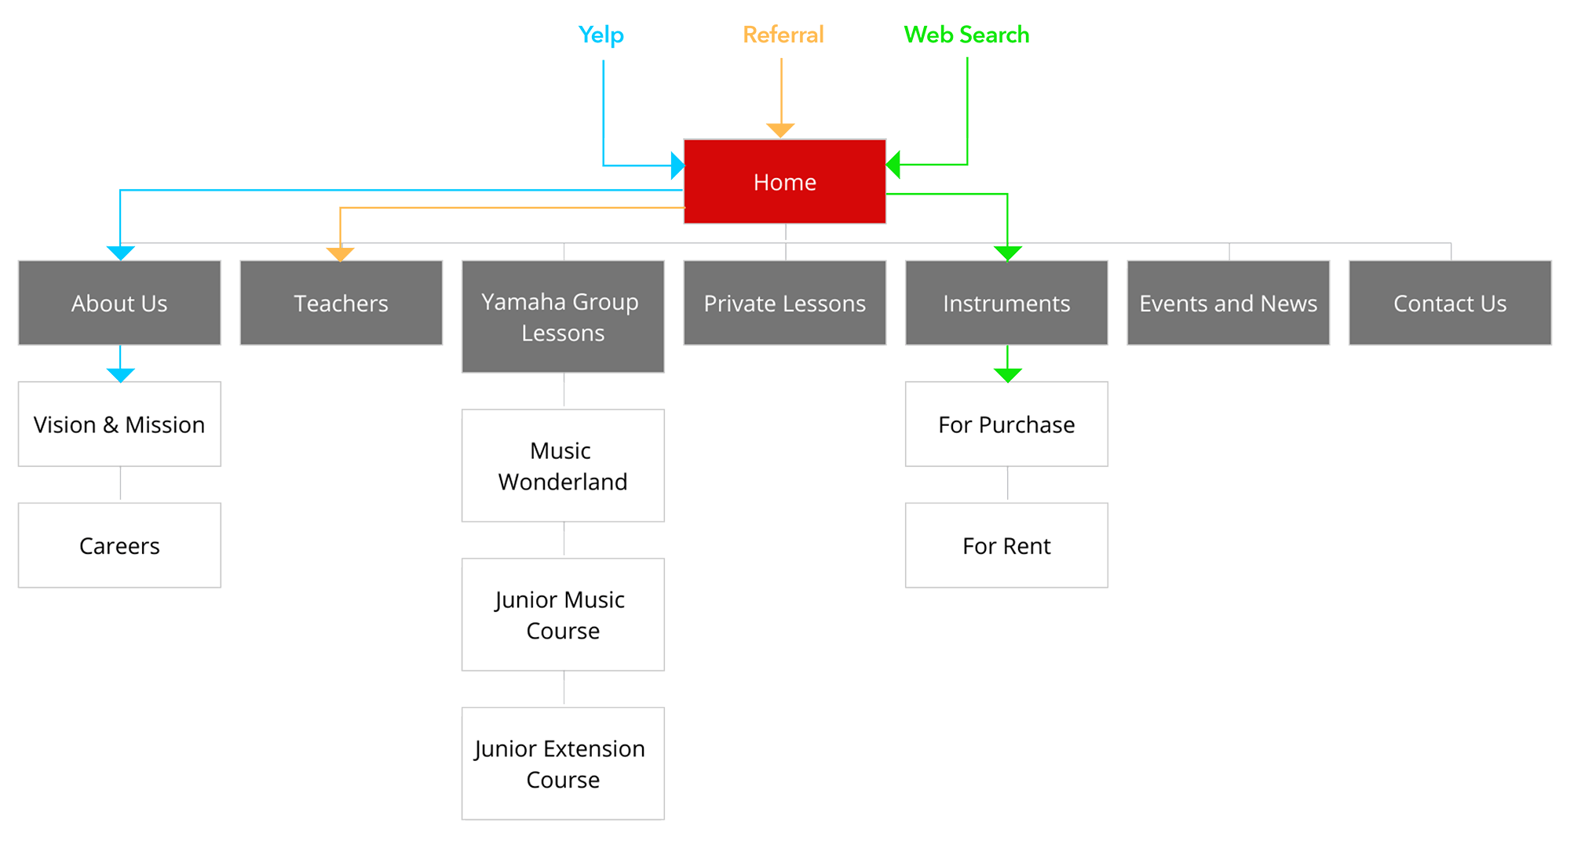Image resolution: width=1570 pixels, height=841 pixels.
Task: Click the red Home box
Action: [x=784, y=182]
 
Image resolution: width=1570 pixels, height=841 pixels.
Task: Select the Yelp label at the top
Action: [x=601, y=35]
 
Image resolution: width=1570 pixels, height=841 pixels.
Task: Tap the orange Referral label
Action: [x=783, y=35]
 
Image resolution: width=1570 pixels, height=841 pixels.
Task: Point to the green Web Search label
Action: [x=966, y=35]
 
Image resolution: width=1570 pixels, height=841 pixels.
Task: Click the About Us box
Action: [x=119, y=303]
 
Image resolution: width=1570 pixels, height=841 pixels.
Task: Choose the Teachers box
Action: [x=341, y=303]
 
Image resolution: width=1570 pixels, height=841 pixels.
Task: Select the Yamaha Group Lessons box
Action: [x=563, y=317]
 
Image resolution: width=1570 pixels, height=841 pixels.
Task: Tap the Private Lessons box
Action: [x=784, y=303]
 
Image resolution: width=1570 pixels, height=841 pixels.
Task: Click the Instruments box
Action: [x=1006, y=303]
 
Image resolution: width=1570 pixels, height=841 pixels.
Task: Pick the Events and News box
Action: [x=1228, y=303]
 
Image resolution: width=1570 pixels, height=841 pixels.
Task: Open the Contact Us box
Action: [x=1450, y=303]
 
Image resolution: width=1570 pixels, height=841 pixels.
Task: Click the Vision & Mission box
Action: [x=119, y=424]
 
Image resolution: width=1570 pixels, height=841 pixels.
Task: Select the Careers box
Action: [x=119, y=545]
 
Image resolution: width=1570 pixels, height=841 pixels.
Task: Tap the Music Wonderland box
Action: [x=563, y=465]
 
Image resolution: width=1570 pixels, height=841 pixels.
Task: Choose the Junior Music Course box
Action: [x=563, y=614]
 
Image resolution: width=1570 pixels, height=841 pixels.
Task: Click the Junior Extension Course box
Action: [x=563, y=763]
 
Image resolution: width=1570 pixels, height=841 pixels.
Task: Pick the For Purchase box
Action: [x=1006, y=424]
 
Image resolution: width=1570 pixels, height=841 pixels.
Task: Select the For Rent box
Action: [x=1006, y=545]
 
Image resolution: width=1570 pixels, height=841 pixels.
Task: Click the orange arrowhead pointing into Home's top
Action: [x=780, y=130]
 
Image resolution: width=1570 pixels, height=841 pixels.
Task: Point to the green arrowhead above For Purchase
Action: [x=1007, y=374]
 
